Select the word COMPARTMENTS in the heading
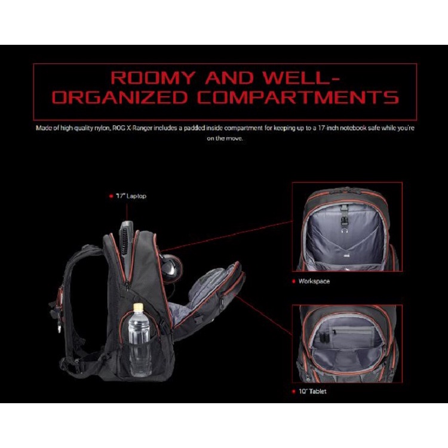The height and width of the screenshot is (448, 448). click(x=298, y=97)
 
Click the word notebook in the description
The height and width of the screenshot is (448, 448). click(x=380, y=128)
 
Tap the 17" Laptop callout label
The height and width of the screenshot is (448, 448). click(x=131, y=196)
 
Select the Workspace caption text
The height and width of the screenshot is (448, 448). click(x=314, y=281)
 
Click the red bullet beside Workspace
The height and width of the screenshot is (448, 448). click(x=293, y=281)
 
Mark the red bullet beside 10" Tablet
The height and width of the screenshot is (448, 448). click(x=293, y=392)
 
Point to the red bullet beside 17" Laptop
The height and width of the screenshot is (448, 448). click(x=111, y=196)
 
